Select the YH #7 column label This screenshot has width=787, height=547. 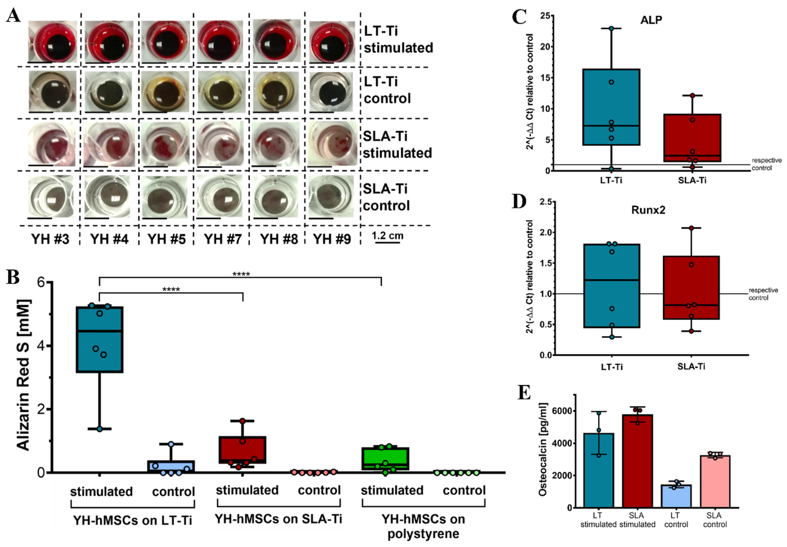[223, 239]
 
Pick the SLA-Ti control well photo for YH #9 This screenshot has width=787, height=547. [331, 196]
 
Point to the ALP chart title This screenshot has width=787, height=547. [651, 20]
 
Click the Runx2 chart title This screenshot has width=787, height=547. [648, 210]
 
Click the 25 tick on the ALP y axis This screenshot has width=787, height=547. [545, 16]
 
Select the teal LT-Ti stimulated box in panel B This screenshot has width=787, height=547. [99, 339]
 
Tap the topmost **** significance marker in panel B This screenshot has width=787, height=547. [241, 274]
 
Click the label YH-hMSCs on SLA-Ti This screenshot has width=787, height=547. [278, 519]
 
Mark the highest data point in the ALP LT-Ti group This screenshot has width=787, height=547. [611, 28]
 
